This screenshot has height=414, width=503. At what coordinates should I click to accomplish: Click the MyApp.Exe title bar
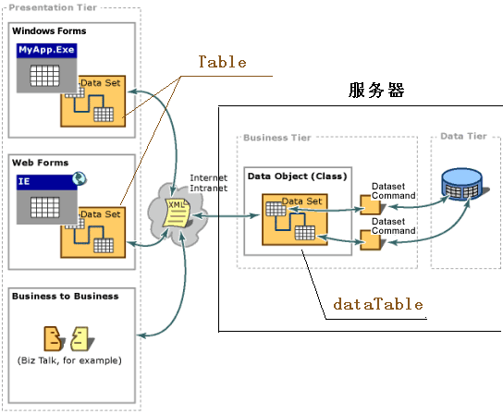pyautogui.click(x=47, y=50)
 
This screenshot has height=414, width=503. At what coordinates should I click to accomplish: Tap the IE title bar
pyautogui.click(x=47, y=182)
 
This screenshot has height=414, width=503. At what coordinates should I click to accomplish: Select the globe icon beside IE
pyautogui.click(x=79, y=178)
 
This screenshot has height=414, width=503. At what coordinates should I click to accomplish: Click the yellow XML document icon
pyautogui.click(x=177, y=213)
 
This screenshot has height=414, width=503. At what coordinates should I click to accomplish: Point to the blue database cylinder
pyautogui.click(x=462, y=184)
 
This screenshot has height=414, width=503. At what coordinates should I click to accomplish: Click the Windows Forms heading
pyautogui.click(x=49, y=31)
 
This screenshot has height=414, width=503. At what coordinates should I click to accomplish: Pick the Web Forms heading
pyautogui.click(x=40, y=163)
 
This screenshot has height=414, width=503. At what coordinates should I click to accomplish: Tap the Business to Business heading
pyautogui.click(x=65, y=296)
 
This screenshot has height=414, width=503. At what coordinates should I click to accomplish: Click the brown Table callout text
pyautogui.click(x=222, y=62)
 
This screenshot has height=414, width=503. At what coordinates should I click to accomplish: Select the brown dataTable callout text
pyautogui.click(x=378, y=304)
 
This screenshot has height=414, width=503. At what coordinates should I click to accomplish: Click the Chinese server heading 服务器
pyautogui.click(x=376, y=90)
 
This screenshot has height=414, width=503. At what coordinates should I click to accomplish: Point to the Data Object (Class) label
pyautogui.click(x=298, y=177)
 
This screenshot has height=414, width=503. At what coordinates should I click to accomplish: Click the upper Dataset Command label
pyautogui.click(x=393, y=190)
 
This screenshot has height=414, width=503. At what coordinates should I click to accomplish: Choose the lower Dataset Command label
pyautogui.click(x=393, y=226)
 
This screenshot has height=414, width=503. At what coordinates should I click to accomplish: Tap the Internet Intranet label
pyautogui.click(x=209, y=183)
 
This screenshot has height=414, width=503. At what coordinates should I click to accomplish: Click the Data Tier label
pyautogui.click(x=463, y=136)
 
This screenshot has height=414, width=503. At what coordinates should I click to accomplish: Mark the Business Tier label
pyautogui.click(x=277, y=138)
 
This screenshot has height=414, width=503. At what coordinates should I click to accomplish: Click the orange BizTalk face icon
pyautogui.click(x=53, y=339)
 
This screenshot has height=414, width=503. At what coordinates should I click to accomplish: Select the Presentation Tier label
pyautogui.click(x=53, y=7)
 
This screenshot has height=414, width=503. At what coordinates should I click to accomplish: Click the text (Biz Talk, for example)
pyautogui.click(x=69, y=360)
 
